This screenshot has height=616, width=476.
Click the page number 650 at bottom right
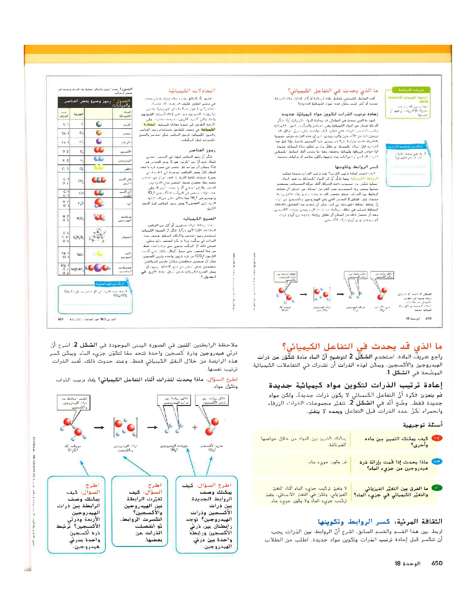[x=437, y=563]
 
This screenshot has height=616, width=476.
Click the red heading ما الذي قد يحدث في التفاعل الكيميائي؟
[x=362, y=346]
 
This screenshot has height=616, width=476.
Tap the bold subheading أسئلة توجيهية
[x=423, y=425]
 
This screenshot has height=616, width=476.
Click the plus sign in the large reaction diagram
[x=195, y=427]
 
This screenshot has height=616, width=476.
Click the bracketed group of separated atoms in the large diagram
[x=125, y=427]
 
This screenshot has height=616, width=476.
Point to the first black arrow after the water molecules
[x=99, y=427]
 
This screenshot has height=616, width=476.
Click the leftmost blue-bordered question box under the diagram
[x=77, y=515]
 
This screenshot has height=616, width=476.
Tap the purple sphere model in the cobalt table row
[x=98, y=141]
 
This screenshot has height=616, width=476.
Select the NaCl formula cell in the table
[x=80, y=254]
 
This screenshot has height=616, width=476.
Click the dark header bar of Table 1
[x=95, y=102]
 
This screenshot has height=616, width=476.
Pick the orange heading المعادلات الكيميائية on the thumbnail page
[x=191, y=91]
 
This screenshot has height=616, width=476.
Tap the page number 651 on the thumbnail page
[x=61, y=320]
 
